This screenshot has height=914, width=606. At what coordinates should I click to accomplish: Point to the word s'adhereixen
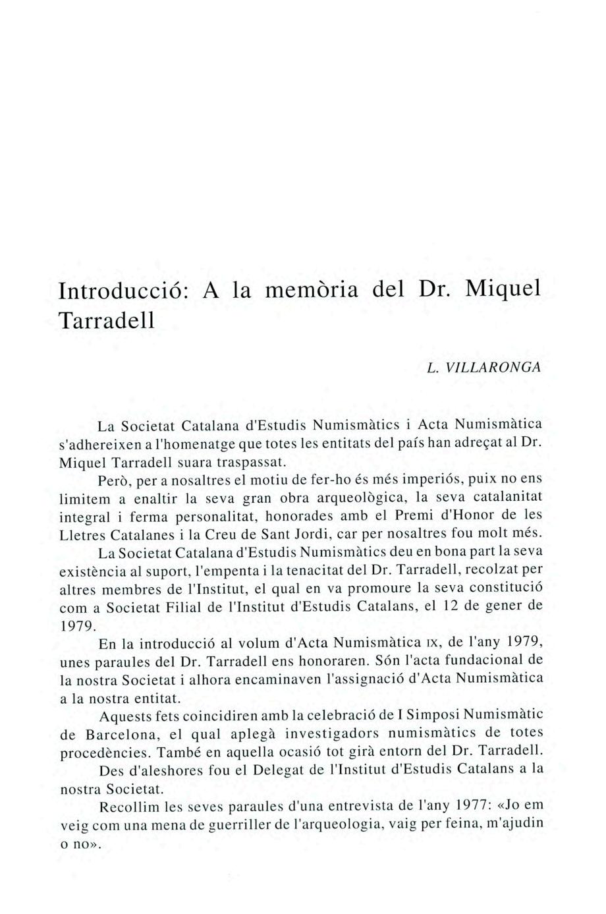[99, 442]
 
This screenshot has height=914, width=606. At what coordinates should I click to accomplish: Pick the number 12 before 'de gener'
[449, 606]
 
